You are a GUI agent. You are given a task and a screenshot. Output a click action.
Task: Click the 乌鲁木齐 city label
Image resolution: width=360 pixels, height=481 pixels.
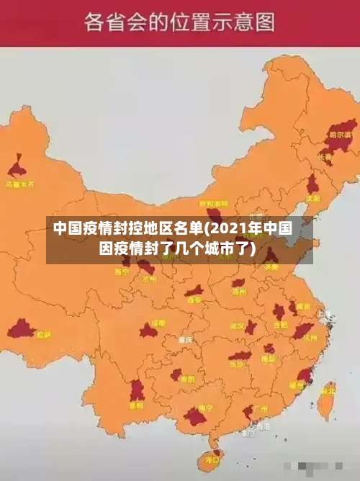click(x=19, y=184)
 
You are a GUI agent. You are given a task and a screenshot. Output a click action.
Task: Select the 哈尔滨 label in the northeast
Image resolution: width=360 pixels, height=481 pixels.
click(x=340, y=135)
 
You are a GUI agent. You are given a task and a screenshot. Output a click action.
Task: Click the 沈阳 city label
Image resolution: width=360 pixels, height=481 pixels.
click(x=312, y=198)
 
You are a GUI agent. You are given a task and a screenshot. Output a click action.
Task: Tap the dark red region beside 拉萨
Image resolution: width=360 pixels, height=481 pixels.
click(x=21, y=330)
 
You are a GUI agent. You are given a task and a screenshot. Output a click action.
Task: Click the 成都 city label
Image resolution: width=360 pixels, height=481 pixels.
click(x=158, y=323)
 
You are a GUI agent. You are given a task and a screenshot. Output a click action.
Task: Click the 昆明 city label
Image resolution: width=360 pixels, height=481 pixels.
click(x=135, y=405)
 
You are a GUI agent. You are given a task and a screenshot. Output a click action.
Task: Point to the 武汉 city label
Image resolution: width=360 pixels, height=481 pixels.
click(x=238, y=325)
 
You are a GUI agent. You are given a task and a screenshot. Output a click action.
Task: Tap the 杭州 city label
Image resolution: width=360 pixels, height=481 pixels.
click(x=310, y=337)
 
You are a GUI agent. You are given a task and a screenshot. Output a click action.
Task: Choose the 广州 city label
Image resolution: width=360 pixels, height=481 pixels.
click(x=261, y=409)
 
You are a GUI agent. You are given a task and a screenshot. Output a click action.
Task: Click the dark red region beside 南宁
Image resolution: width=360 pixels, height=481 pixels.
click(x=194, y=416)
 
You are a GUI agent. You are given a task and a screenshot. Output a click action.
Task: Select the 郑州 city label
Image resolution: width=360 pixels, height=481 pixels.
click(x=239, y=292)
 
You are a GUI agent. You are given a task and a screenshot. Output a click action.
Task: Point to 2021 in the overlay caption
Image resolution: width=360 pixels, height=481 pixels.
click(x=227, y=230)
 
